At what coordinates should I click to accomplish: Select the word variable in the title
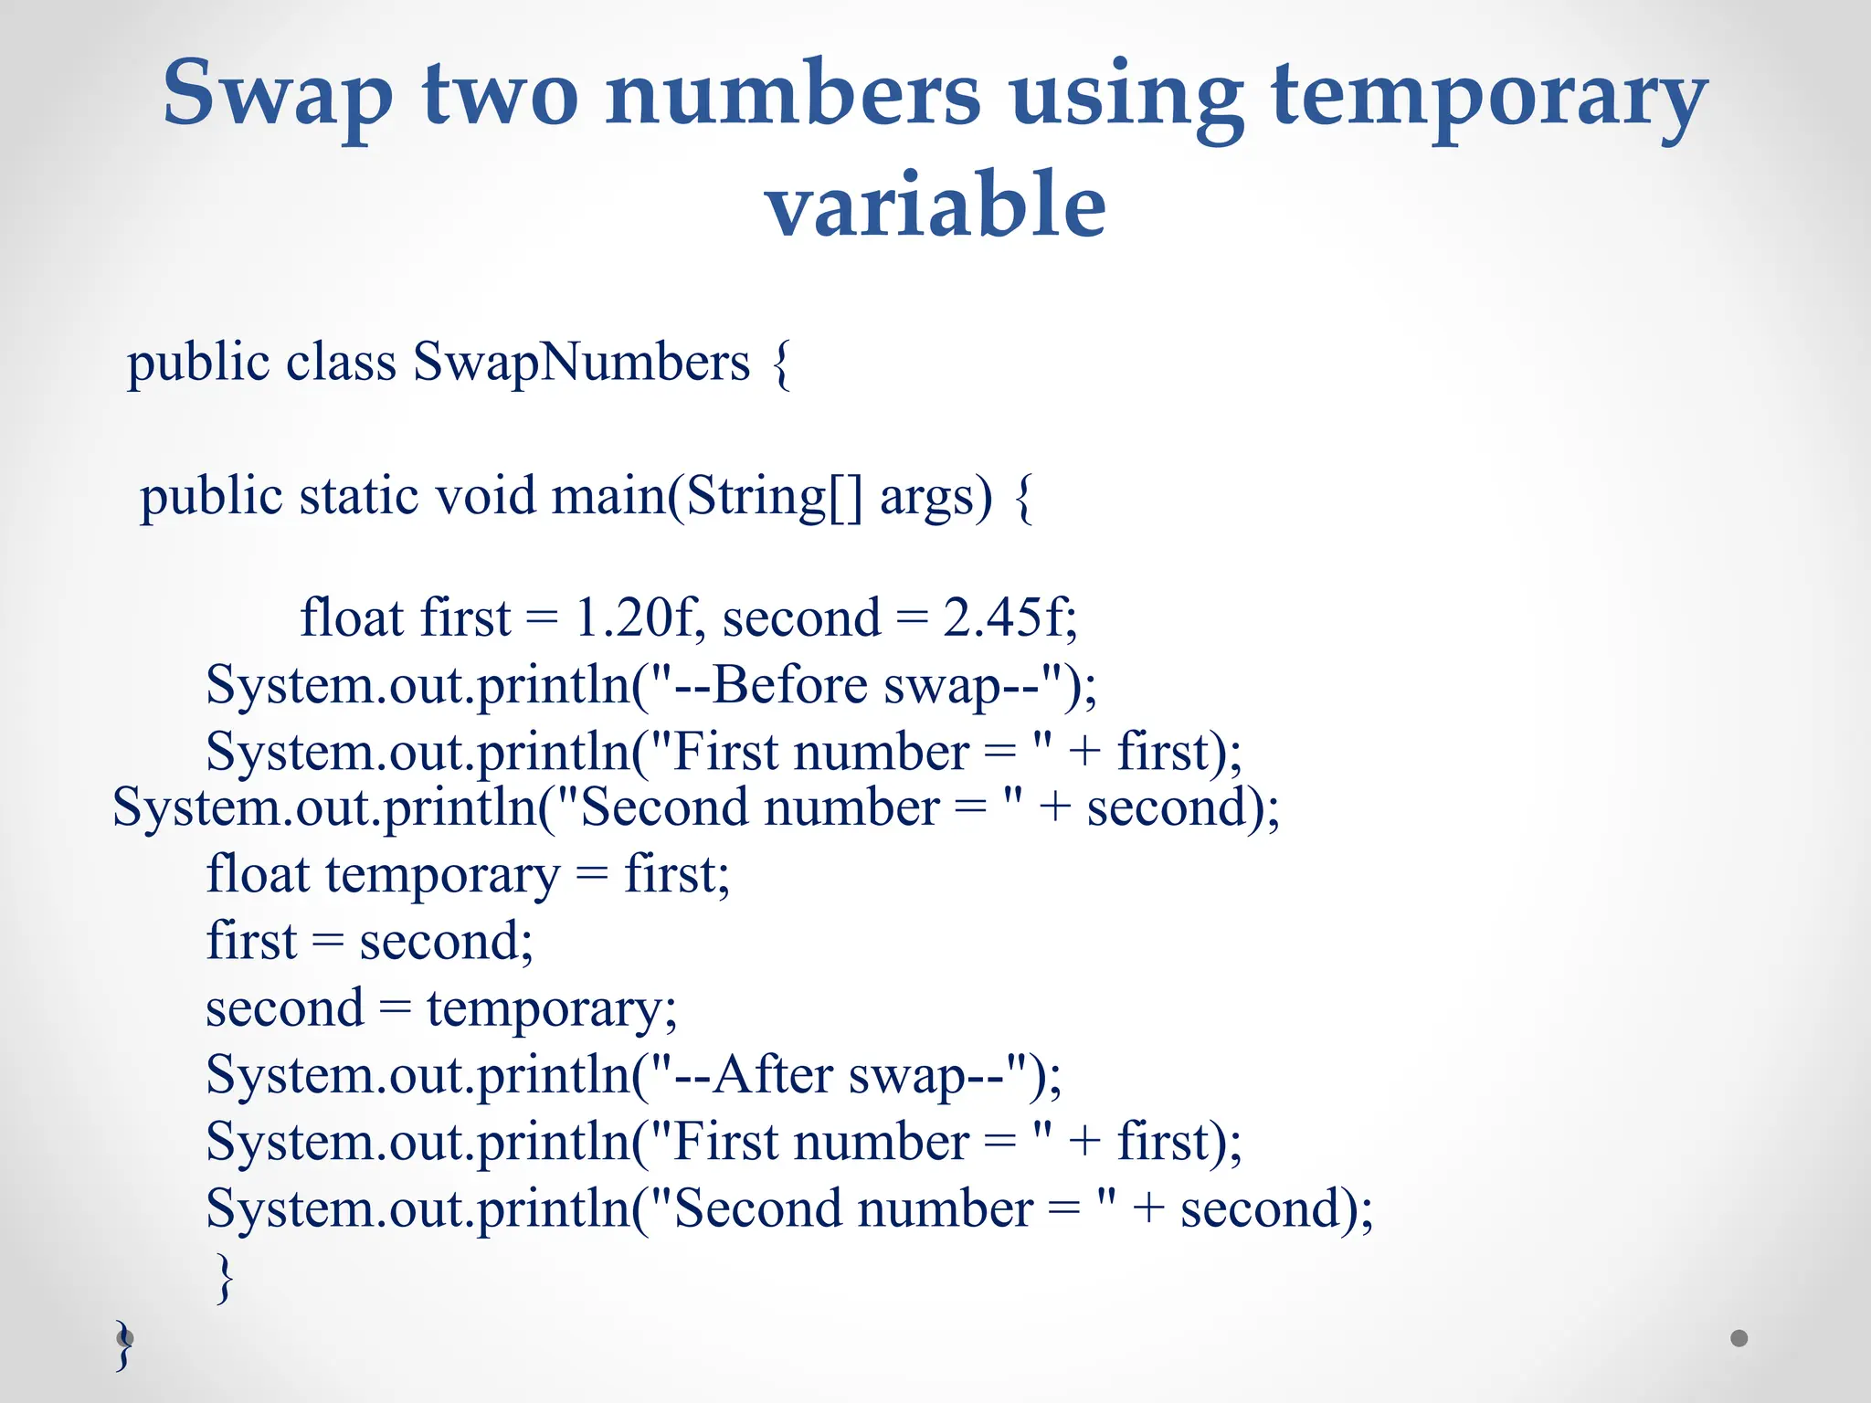pos(935,205)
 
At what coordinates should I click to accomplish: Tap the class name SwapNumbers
pos(581,362)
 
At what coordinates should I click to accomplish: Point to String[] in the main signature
pos(773,497)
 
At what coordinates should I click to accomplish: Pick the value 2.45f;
pos(1010,617)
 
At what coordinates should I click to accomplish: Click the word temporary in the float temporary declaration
pos(442,875)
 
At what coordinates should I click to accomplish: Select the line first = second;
pos(369,942)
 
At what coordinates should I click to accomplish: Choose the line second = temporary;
pos(441,1009)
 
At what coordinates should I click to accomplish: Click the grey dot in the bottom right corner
pos(1739,1338)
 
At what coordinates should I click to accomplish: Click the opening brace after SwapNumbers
pos(781,364)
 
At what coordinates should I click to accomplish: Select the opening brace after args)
pos(1024,499)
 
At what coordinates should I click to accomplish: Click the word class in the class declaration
pos(341,362)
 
